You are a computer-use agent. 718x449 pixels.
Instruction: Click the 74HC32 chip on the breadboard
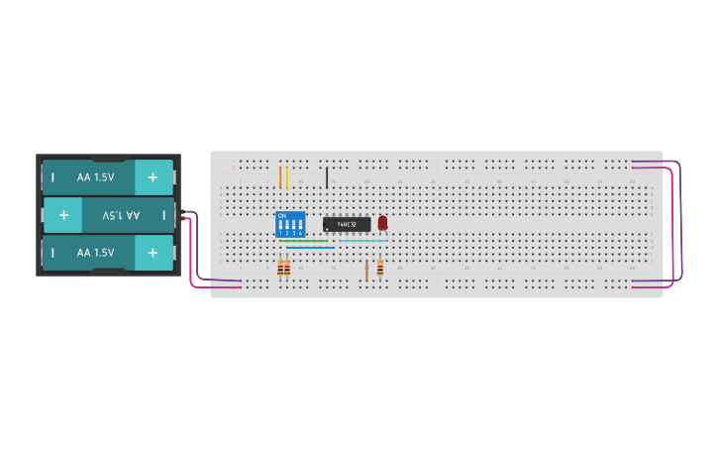click(347, 224)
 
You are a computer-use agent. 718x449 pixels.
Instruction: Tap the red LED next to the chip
click(382, 223)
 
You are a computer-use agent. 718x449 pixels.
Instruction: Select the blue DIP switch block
click(290, 223)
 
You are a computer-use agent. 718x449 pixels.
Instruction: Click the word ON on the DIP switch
click(282, 215)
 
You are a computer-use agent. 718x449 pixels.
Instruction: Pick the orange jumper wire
click(280, 177)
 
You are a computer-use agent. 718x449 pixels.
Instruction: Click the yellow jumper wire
click(287, 177)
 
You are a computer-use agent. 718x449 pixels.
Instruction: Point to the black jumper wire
click(327, 177)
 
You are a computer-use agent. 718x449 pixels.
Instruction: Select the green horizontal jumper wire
click(303, 240)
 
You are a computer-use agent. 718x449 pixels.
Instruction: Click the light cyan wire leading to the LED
click(363, 240)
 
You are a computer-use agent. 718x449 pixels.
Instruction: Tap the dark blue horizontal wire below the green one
click(310, 249)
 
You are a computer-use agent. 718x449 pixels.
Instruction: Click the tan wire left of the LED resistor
click(366, 270)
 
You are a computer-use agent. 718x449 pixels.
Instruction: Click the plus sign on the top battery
click(153, 177)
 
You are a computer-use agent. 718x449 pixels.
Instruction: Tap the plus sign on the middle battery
click(63, 214)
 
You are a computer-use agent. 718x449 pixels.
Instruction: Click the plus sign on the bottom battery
click(153, 253)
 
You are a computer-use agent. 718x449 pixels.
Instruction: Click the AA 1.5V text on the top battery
click(95, 177)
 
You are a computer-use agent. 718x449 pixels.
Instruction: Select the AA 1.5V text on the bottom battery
click(95, 253)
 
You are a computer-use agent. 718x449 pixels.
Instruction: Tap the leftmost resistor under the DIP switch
click(280, 268)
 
